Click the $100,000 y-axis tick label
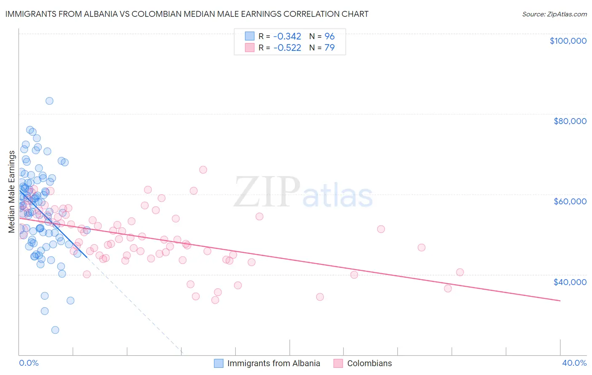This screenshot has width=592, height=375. [568, 41]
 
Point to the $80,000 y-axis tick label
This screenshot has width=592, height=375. [570, 121]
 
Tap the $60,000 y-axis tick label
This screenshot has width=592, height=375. [570, 201]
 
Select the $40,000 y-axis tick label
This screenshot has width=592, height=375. [570, 282]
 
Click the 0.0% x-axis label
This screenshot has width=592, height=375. [29, 363]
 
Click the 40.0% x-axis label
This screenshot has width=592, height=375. [574, 363]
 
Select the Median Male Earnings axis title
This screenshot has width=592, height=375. [12, 192]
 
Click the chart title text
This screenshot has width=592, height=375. [187, 14]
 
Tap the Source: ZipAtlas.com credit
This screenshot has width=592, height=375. [554, 14]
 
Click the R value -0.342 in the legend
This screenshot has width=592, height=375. [287, 36]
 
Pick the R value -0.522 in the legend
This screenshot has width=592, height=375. [287, 48]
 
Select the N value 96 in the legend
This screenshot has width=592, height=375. [329, 36]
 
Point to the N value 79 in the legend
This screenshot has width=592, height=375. [329, 48]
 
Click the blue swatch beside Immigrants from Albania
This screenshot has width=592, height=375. [219, 363]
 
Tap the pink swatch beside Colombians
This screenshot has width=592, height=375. [338, 363]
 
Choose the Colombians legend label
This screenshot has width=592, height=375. [369, 363]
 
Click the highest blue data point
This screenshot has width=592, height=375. [49, 101]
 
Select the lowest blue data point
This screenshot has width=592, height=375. [55, 330]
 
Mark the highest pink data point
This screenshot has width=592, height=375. [203, 170]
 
